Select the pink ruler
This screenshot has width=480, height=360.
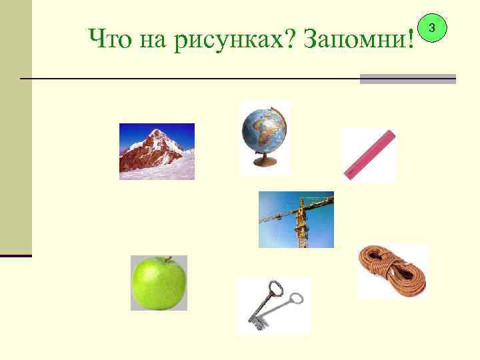369,155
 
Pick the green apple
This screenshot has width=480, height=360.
158,284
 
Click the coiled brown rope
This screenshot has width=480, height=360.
392,271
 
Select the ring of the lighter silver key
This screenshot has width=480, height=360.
298,298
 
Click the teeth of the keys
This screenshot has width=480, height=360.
257,323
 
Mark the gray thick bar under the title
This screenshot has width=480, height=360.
407,79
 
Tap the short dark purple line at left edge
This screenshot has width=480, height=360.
15,255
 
